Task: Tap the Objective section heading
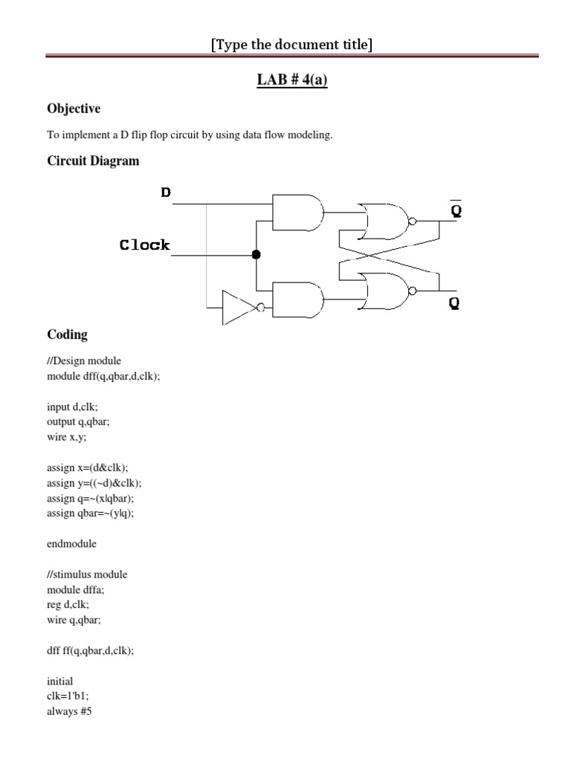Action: pyautogui.click(x=73, y=109)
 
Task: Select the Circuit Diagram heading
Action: pyautogui.click(x=93, y=161)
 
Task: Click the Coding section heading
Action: pyautogui.click(x=67, y=334)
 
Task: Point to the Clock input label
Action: pyautogui.click(x=144, y=245)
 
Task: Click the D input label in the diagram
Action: pyautogui.click(x=166, y=192)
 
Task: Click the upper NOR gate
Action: pyautogui.click(x=384, y=221)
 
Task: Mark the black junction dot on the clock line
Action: pyautogui.click(x=256, y=255)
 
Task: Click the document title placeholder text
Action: pyautogui.click(x=291, y=45)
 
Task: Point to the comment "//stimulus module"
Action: pyautogui.click(x=86, y=574)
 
